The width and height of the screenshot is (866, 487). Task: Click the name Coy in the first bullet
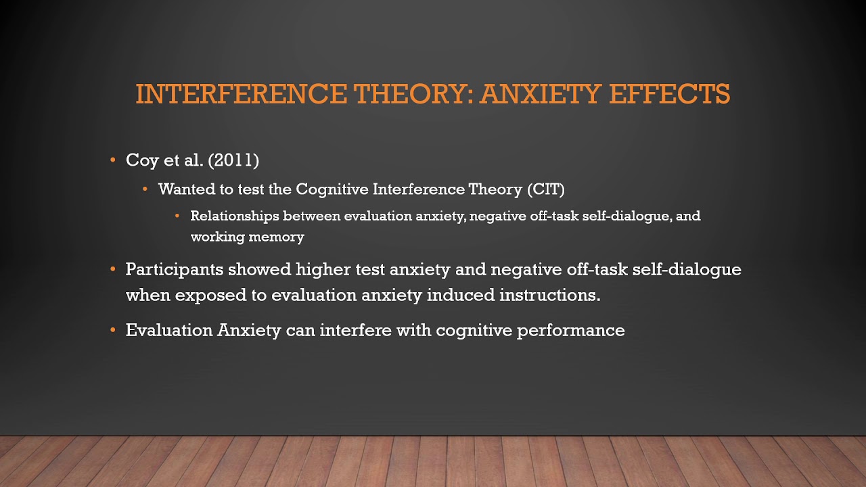(140, 160)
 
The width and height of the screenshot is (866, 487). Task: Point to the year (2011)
(233, 160)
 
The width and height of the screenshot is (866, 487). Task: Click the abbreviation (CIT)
(545, 189)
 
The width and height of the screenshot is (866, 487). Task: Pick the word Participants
(174, 269)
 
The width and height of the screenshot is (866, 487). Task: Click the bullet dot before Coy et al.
(113, 161)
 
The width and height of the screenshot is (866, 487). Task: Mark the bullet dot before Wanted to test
(145, 189)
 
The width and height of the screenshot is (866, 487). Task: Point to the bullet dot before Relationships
(178, 216)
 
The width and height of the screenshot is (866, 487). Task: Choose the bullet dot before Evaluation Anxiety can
(113, 331)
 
